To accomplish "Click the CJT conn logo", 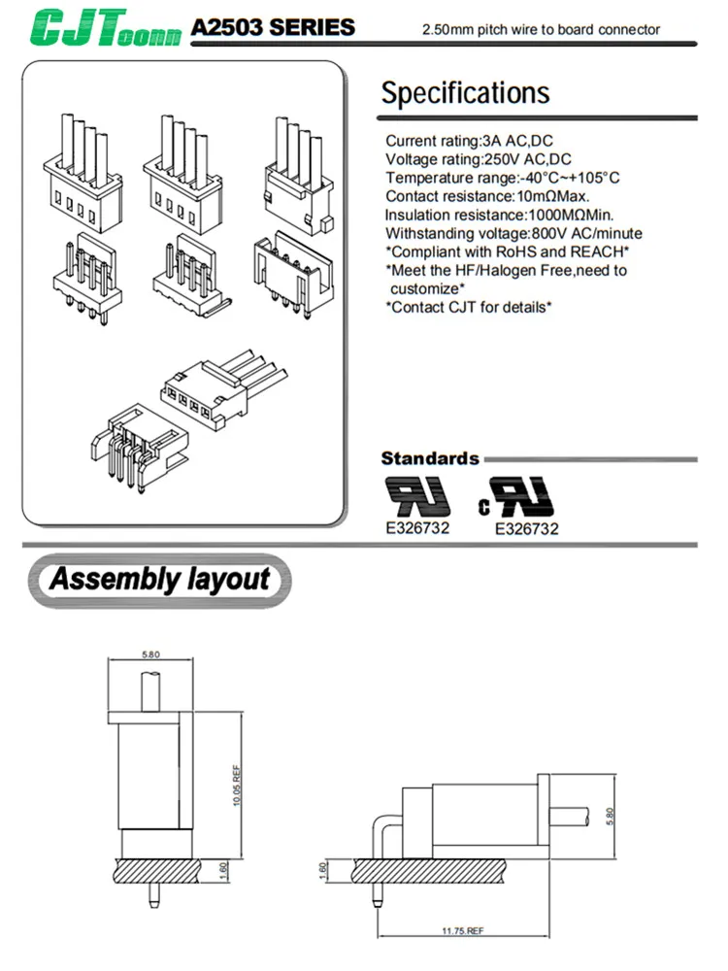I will pyautogui.click(x=106, y=28).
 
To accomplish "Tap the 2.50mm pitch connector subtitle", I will pyautogui.click(x=541, y=29).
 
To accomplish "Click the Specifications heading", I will pyautogui.click(x=465, y=93).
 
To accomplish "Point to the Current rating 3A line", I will pyautogui.click(x=469, y=141).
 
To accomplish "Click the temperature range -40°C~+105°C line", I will pyautogui.click(x=502, y=178).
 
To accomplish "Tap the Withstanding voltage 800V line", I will pyautogui.click(x=513, y=233).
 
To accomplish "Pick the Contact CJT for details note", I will pyautogui.click(x=469, y=307).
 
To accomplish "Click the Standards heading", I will pyautogui.click(x=430, y=458).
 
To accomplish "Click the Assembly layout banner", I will pyautogui.click(x=159, y=581).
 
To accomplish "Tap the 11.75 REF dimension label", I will pyautogui.click(x=462, y=930).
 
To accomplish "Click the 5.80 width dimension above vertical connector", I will pyautogui.click(x=150, y=655).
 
